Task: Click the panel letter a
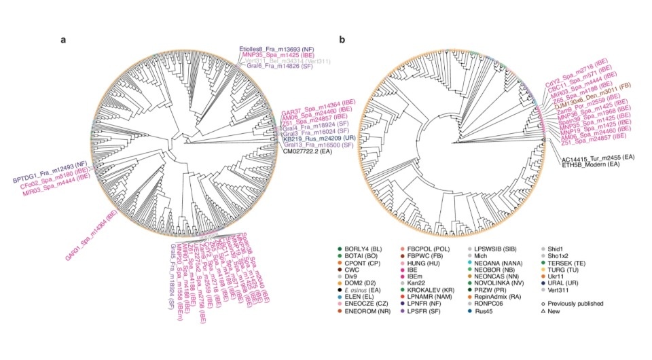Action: pyautogui.click(x=63, y=39)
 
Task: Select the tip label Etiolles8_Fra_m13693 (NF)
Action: pyautogui.click(x=275, y=49)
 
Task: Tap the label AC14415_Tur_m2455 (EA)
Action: pyautogui.click(x=598, y=158)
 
